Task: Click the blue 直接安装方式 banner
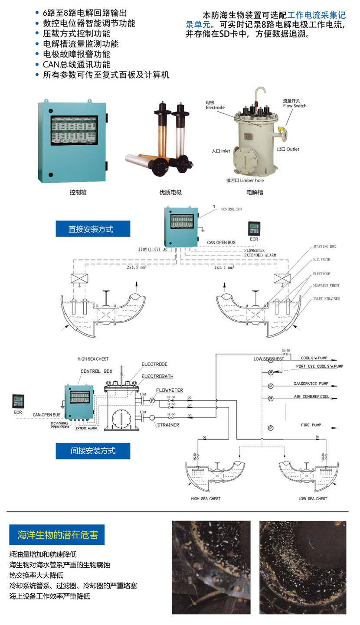point(92,229)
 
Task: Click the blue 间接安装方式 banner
point(92,451)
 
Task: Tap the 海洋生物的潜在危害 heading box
point(57,535)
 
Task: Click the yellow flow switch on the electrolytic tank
point(281,129)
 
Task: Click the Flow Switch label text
point(295,105)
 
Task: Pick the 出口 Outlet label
point(288,149)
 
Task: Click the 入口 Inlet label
point(221,151)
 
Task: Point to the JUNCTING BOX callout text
point(324,246)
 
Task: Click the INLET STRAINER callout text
point(327,299)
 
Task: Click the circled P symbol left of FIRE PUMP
point(270,428)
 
